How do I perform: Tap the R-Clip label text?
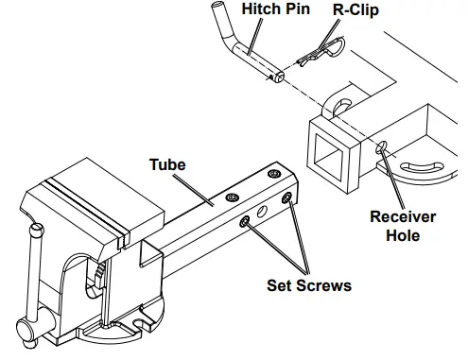tap(354, 11)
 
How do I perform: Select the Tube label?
tap(167, 164)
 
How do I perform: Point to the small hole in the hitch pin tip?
tap(279, 78)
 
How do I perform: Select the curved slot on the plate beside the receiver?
tap(425, 169)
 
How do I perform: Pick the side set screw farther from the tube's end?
tap(245, 220)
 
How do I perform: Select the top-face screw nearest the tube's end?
tap(273, 175)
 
